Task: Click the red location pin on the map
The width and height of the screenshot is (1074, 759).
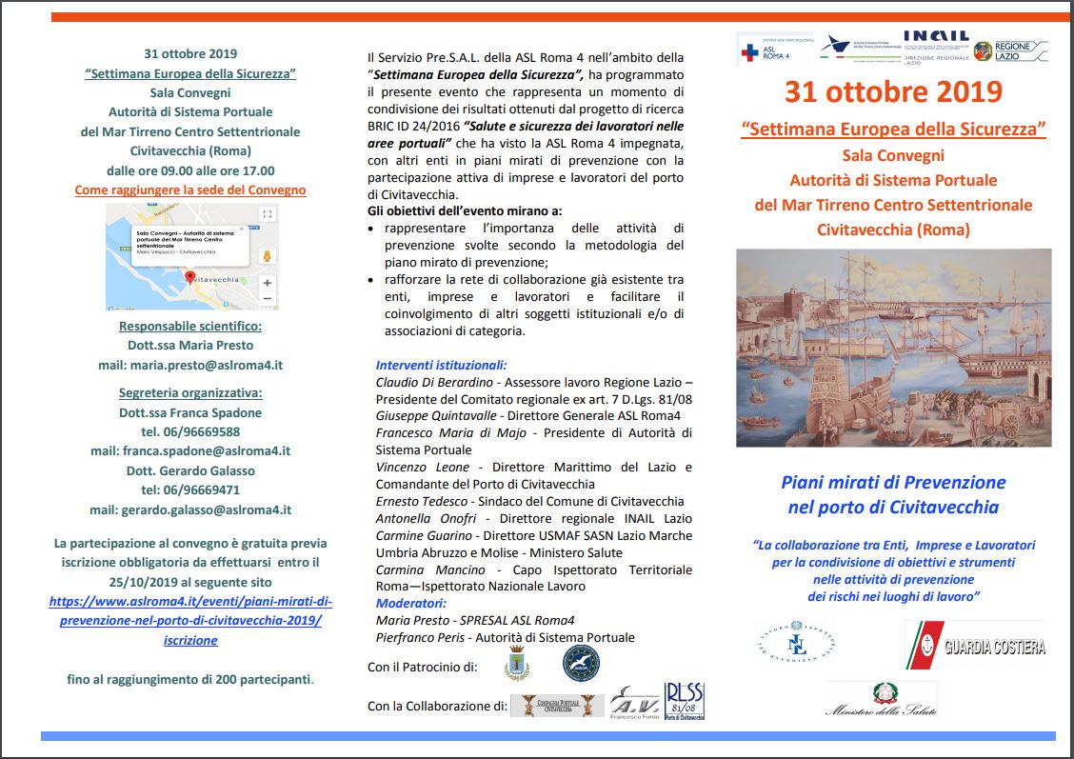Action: (x=189, y=278)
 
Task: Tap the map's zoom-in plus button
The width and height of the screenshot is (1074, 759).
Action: (x=267, y=283)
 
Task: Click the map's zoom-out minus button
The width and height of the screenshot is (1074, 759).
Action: (x=267, y=299)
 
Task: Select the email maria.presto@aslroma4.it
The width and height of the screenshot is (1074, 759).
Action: (x=190, y=365)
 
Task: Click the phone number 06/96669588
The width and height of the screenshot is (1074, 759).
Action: (x=190, y=431)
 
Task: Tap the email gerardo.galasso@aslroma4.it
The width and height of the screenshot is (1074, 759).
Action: (x=190, y=509)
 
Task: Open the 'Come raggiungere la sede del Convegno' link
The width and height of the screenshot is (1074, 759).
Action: (x=190, y=190)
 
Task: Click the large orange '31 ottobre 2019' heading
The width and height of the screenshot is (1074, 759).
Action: (x=893, y=92)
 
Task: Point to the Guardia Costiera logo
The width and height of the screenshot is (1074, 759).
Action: (x=975, y=647)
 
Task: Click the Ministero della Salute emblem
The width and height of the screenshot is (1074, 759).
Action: (x=880, y=698)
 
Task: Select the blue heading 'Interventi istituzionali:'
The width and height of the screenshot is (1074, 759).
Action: (x=441, y=365)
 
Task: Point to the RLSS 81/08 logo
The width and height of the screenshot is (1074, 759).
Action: (x=685, y=701)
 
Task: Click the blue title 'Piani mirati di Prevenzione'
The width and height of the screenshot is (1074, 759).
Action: (x=893, y=482)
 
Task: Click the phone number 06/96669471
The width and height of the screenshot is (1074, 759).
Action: (x=190, y=489)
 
